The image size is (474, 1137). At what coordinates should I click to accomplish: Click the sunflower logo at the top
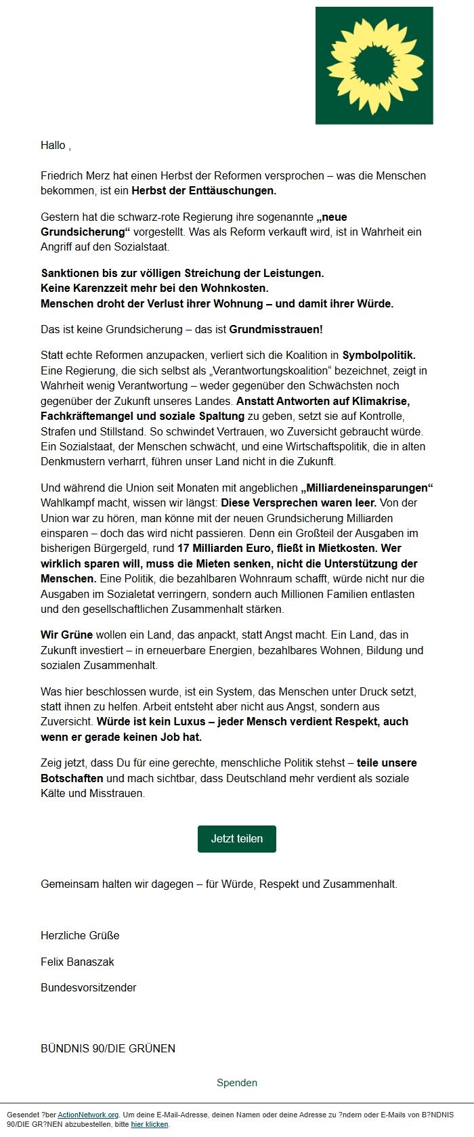(374, 66)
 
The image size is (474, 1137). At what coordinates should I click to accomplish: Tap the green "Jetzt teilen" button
(237, 838)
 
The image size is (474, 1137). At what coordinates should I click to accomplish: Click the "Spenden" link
(237, 1082)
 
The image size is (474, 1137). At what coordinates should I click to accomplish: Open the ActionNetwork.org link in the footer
(88, 1115)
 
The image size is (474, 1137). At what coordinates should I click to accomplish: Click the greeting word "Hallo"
(53, 145)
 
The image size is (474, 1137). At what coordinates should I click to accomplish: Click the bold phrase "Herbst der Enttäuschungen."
(204, 190)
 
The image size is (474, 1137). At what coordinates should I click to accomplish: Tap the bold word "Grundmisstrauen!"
(276, 329)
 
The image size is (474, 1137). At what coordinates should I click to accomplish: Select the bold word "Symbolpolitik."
(379, 355)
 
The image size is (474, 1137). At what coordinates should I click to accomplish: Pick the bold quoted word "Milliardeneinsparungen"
(367, 488)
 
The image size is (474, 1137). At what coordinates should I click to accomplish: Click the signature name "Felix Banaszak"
(77, 962)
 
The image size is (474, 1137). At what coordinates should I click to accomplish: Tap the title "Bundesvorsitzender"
(88, 987)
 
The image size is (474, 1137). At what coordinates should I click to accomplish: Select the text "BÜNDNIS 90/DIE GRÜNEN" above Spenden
(108, 1048)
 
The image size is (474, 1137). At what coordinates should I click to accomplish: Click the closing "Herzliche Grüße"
(80, 935)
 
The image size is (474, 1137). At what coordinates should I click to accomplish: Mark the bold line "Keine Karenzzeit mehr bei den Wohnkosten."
(145, 288)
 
